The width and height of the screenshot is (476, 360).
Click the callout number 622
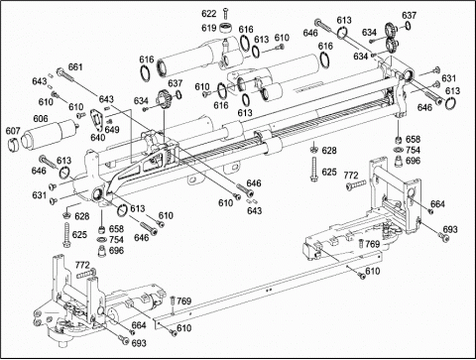tap(209, 14)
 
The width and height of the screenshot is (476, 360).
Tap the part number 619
tap(209, 28)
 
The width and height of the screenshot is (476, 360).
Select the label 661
tap(75, 67)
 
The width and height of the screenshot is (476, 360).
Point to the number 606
tap(41, 118)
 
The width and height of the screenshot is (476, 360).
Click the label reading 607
tap(13, 131)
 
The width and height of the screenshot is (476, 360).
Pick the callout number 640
tap(98, 137)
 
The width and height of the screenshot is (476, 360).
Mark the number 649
tap(112, 129)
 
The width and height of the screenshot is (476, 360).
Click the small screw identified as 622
tap(226, 13)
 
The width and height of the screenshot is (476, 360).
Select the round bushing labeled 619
tap(226, 27)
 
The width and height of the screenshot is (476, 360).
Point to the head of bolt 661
tap(59, 71)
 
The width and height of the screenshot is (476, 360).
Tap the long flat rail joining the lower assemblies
tap(269, 290)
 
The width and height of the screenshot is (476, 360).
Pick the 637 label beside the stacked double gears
tap(409, 15)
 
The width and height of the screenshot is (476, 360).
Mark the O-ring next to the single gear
tap(178, 94)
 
